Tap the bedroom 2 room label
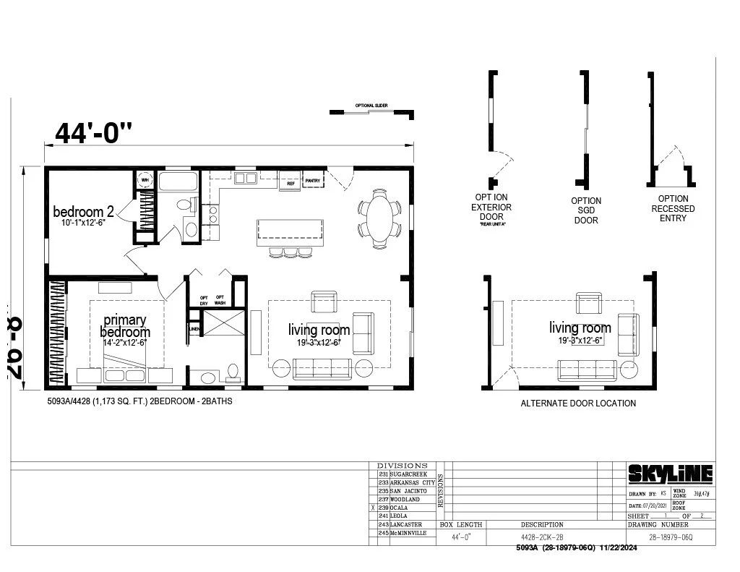tap(83, 212)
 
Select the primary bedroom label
tap(124, 326)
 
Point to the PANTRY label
tap(313, 180)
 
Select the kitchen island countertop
tap(291, 233)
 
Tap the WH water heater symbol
tap(145, 179)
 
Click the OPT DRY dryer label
tap(204, 300)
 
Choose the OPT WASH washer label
tap(220, 300)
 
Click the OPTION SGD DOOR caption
tap(586, 210)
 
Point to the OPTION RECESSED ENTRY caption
tap(673, 208)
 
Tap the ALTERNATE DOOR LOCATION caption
tap(578, 404)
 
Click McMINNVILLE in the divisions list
tap(408, 533)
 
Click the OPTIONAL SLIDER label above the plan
tap(371, 106)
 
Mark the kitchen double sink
tap(245, 178)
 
